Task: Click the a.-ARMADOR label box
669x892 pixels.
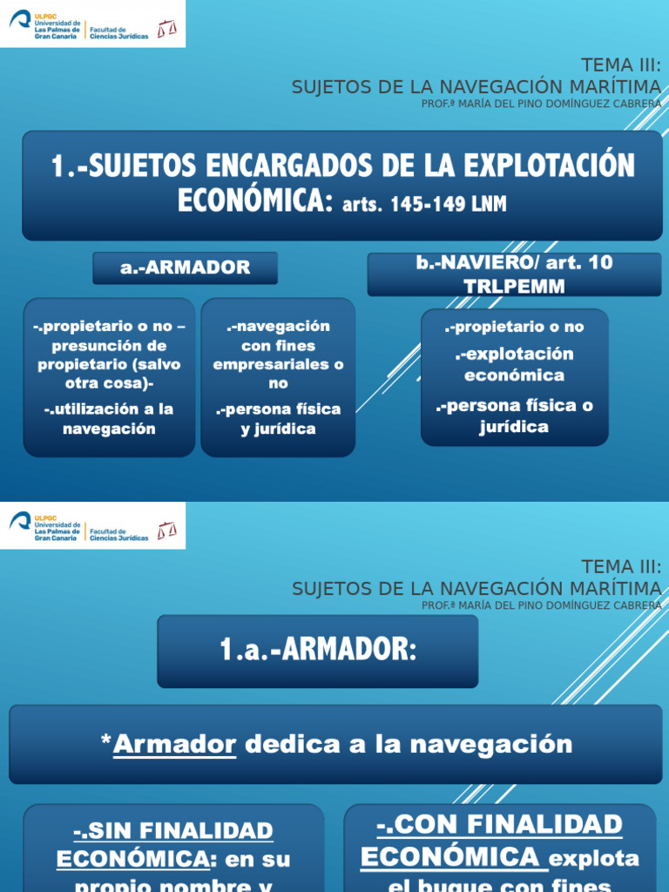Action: [185, 268]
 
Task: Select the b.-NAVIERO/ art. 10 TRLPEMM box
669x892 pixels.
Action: [514, 274]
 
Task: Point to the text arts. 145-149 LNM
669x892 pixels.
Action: [424, 205]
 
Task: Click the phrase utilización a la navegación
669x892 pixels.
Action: [109, 419]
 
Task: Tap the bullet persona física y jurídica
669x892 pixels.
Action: [278, 419]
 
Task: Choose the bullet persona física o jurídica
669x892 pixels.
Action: [514, 416]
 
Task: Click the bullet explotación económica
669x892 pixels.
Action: [514, 365]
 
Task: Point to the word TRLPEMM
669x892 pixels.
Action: [514, 286]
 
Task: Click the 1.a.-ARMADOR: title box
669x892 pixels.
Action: [317, 652]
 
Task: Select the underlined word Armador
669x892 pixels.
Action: [175, 744]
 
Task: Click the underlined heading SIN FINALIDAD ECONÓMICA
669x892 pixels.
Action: [166, 845]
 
